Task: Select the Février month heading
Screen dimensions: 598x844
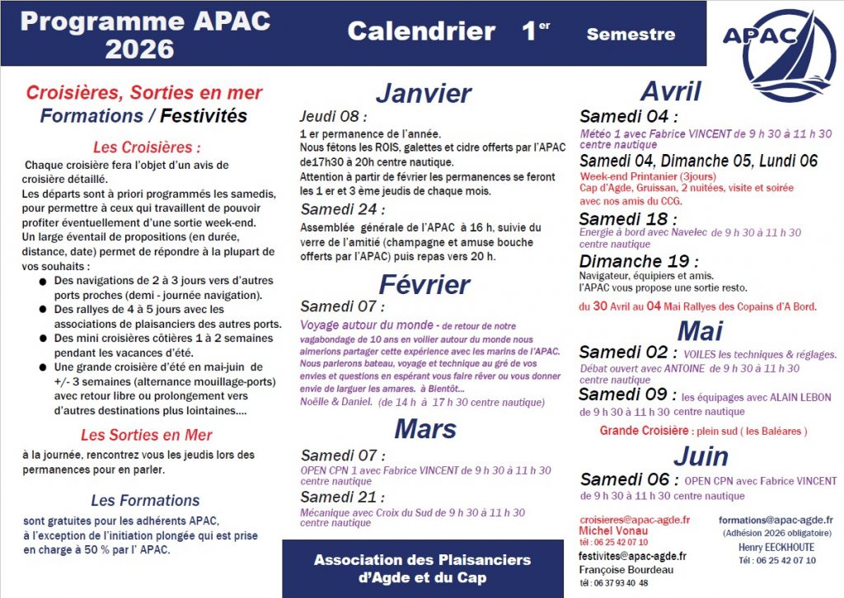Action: (x=424, y=284)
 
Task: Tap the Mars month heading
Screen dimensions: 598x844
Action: (x=424, y=428)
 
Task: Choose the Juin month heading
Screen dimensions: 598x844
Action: (x=701, y=456)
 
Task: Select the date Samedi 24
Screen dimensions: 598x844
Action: (x=343, y=209)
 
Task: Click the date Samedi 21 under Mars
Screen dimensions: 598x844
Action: (x=342, y=497)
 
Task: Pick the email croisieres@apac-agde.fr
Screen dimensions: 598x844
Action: (x=635, y=520)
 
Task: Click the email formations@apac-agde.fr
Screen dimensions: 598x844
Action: (x=776, y=520)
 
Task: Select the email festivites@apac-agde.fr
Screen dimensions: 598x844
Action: (x=633, y=556)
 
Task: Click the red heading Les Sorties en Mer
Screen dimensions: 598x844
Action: (x=146, y=435)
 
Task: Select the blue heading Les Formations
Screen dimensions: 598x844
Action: (x=145, y=500)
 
